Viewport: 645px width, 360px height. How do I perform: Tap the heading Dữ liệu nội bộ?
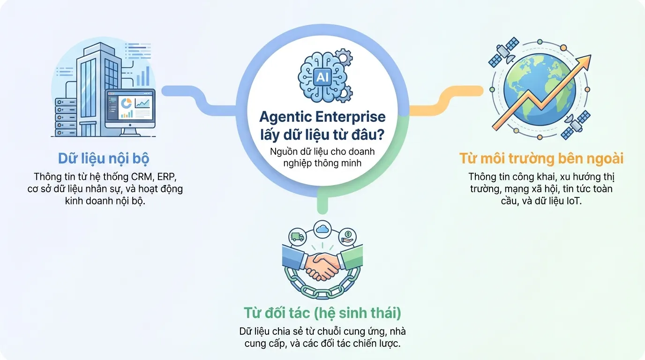point(103,158)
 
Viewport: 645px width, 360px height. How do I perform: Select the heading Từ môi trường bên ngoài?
point(541,158)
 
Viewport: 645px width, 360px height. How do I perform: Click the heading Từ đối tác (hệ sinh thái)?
point(322,312)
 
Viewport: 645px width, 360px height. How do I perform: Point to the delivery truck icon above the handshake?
point(297,237)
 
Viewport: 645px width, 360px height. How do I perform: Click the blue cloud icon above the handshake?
point(322,229)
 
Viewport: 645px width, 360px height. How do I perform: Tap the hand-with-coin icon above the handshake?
point(347,236)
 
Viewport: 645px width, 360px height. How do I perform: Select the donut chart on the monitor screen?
point(125,103)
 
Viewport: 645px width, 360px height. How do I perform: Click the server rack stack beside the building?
point(65,117)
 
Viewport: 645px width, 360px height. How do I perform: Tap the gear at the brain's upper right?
point(345,60)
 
